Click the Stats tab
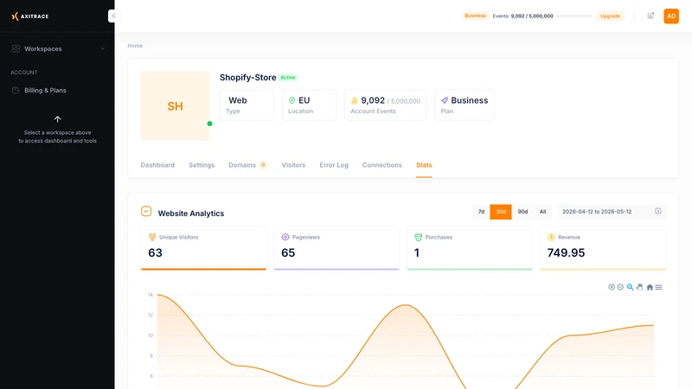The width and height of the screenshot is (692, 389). pyautogui.click(x=424, y=165)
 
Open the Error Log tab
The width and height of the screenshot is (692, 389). pyautogui.click(x=334, y=165)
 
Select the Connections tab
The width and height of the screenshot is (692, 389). pyautogui.click(x=381, y=165)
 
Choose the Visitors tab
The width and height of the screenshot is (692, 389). pyautogui.click(x=293, y=165)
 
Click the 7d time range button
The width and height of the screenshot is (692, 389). pyautogui.click(x=481, y=212)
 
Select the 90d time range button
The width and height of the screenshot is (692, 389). pyautogui.click(x=522, y=212)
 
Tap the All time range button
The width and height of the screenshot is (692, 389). pyautogui.click(x=543, y=212)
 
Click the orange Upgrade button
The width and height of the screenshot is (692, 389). pyautogui.click(x=610, y=16)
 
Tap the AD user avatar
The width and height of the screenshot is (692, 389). pyautogui.click(x=671, y=16)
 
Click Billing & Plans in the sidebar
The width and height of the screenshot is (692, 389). pyautogui.click(x=45, y=91)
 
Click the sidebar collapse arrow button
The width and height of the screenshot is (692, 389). pyautogui.click(x=113, y=16)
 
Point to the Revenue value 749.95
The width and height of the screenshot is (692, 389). pyautogui.click(x=566, y=252)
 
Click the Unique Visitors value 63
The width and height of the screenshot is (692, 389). pyautogui.click(x=156, y=252)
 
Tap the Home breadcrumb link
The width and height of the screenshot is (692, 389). pyautogui.click(x=135, y=46)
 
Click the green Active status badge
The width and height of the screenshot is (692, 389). pyautogui.click(x=288, y=78)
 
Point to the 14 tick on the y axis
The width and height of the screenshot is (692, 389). pyautogui.click(x=151, y=295)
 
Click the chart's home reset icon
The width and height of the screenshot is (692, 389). pyautogui.click(x=650, y=287)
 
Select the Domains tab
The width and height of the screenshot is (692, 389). pyautogui.click(x=242, y=165)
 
